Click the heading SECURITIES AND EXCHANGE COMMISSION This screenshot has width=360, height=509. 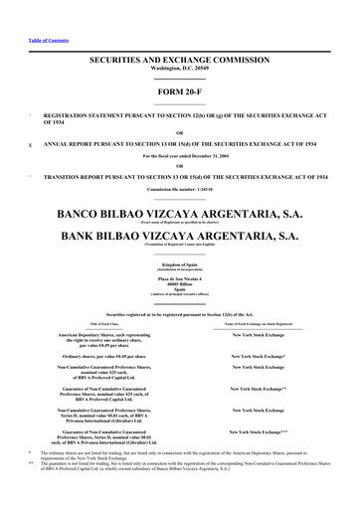click(x=180, y=61)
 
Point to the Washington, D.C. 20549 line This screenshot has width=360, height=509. click(x=180, y=70)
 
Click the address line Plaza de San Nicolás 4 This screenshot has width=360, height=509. click(x=180, y=280)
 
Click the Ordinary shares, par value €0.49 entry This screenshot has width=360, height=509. click(x=98, y=354)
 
